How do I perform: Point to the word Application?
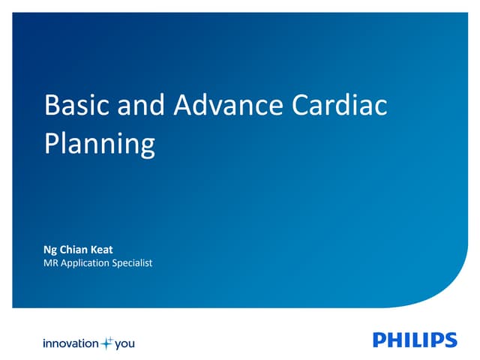(x=86, y=262)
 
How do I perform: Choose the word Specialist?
(x=132, y=262)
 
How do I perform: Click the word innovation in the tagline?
(x=70, y=343)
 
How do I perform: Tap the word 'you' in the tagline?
(x=124, y=343)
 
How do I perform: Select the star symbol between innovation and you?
(x=106, y=343)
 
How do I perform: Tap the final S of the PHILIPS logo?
(x=449, y=340)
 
